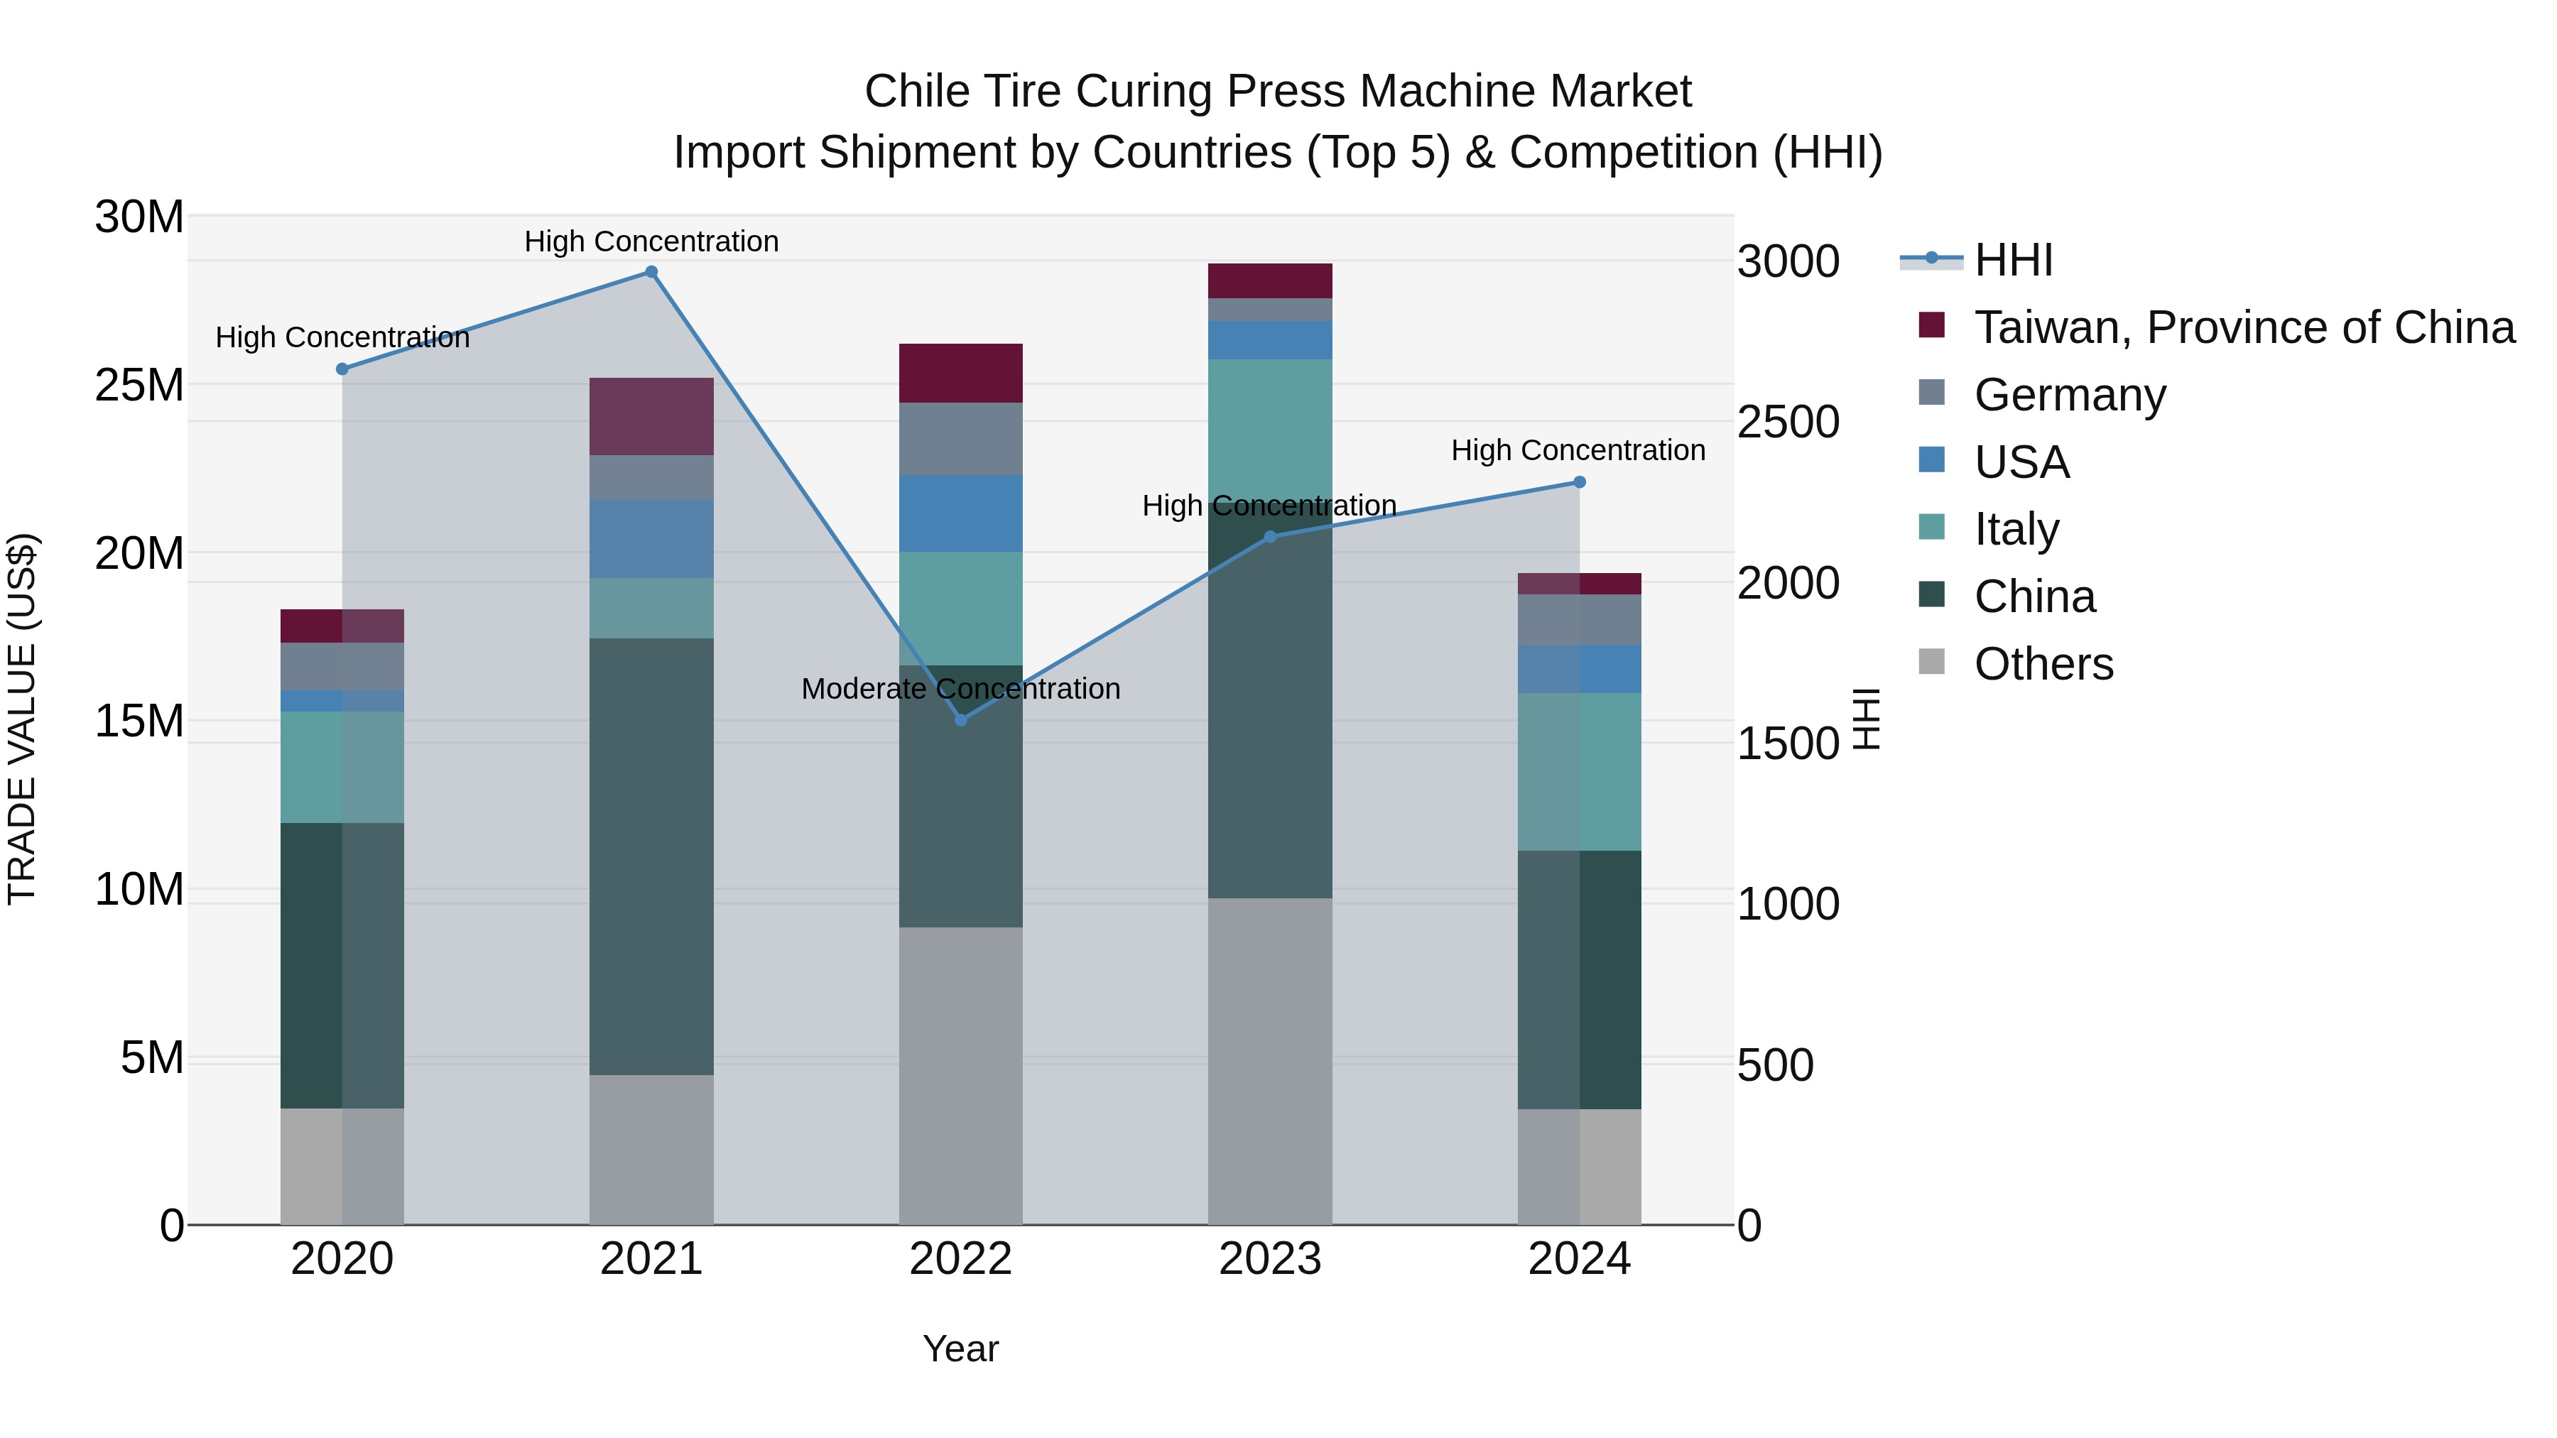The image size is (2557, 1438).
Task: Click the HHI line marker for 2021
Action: [x=651, y=272]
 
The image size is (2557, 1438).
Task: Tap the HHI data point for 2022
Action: [x=961, y=719]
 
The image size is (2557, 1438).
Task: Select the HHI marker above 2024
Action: [x=1579, y=482]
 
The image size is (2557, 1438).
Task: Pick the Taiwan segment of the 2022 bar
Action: [x=961, y=373]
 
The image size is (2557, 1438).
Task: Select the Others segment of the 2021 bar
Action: [x=651, y=1149]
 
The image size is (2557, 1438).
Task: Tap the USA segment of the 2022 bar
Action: [x=961, y=513]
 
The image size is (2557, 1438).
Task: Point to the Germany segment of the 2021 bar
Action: [x=651, y=477]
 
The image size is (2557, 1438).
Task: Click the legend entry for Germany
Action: [x=2070, y=395]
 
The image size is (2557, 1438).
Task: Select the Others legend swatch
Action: [x=1932, y=662]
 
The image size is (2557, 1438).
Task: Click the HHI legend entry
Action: [x=2013, y=260]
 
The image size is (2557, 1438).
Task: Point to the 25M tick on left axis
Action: [x=139, y=385]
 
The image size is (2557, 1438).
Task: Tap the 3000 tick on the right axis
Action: [x=1788, y=262]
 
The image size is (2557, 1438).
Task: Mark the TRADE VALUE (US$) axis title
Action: [x=22, y=719]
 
